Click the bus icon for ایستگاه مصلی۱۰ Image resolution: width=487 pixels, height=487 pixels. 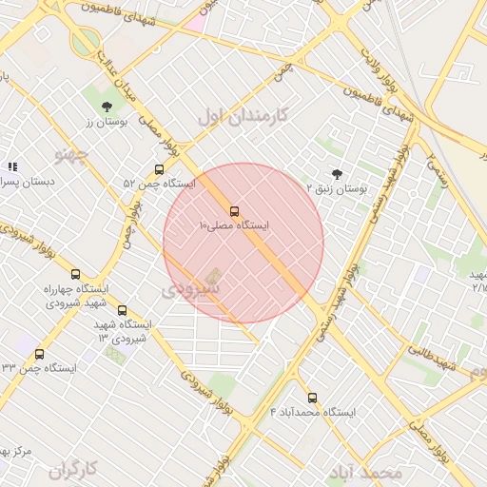point(234,211)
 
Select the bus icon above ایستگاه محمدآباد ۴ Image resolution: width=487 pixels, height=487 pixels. point(312,398)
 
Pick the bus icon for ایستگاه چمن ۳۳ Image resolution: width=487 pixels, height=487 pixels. point(38,354)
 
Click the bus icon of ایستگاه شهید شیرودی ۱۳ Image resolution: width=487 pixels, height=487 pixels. point(122,310)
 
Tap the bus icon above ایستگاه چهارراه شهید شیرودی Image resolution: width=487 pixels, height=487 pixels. point(76,274)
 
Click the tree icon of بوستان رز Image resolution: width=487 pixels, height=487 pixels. point(107,107)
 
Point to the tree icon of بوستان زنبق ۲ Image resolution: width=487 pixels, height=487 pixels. point(337,173)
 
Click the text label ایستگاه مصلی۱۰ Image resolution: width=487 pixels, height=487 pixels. point(234,226)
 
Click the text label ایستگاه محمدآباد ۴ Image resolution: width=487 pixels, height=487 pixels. point(312,413)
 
